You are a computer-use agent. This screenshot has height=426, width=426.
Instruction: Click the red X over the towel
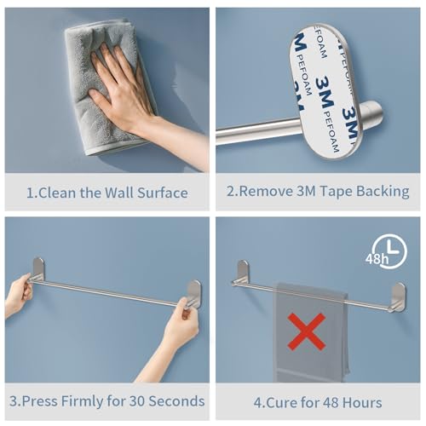click(307, 331)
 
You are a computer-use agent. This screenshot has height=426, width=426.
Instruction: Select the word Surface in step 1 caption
click(163, 193)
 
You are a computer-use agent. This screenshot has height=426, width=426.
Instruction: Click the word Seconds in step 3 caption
click(176, 401)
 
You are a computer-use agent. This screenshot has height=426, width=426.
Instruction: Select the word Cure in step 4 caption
click(281, 403)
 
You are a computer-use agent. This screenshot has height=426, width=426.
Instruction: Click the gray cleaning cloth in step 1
click(109, 85)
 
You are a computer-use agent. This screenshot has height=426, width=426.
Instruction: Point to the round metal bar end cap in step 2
click(371, 113)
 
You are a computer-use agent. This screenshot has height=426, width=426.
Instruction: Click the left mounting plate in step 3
click(38, 269)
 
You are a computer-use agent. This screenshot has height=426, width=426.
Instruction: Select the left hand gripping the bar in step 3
click(18, 294)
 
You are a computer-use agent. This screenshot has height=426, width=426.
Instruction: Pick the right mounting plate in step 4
click(399, 296)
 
